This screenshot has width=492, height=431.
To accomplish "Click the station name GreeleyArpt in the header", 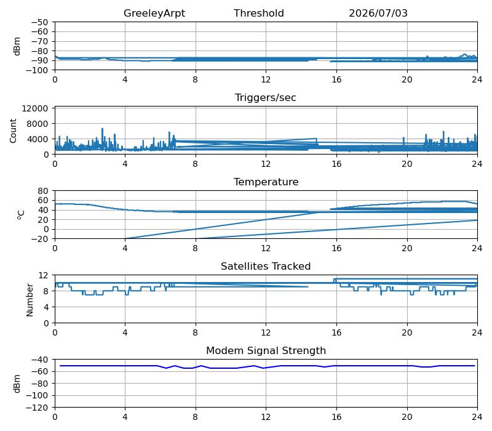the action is click(x=154, y=14).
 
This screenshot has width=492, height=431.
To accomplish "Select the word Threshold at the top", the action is click(x=258, y=13).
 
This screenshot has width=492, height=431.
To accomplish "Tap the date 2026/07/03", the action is click(x=378, y=13).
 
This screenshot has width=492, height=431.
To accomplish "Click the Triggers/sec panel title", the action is click(x=266, y=98).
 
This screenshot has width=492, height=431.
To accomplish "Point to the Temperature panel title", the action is click(x=266, y=182).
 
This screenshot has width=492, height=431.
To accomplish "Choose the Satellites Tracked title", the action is click(x=266, y=266).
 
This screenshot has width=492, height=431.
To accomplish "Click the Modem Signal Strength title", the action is click(x=266, y=350).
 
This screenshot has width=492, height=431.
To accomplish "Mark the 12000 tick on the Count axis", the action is click(x=35, y=108).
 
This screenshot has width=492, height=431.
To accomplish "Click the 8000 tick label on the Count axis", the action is click(x=38, y=124).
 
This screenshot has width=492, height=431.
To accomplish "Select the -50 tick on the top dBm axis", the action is click(x=39, y=22).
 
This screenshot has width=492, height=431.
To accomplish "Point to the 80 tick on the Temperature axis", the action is click(x=43, y=191).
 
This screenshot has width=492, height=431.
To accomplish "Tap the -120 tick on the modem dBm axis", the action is click(x=37, y=408).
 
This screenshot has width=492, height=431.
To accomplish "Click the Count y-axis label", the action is click(x=13, y=131).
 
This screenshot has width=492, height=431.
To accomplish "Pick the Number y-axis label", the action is click(x=30, y=300).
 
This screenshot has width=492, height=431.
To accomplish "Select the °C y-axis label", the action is click(x=21, y=215).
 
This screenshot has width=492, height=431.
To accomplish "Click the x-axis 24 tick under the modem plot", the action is click(x=477, y=417).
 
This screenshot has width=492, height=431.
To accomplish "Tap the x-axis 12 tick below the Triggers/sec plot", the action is click(x=266, y=164).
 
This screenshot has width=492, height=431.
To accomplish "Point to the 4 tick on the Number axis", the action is click(x=46, y=307).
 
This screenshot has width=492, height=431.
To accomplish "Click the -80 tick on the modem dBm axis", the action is click(x=39, y=384).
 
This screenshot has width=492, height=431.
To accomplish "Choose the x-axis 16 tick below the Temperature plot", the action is click(x=336, y=248).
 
